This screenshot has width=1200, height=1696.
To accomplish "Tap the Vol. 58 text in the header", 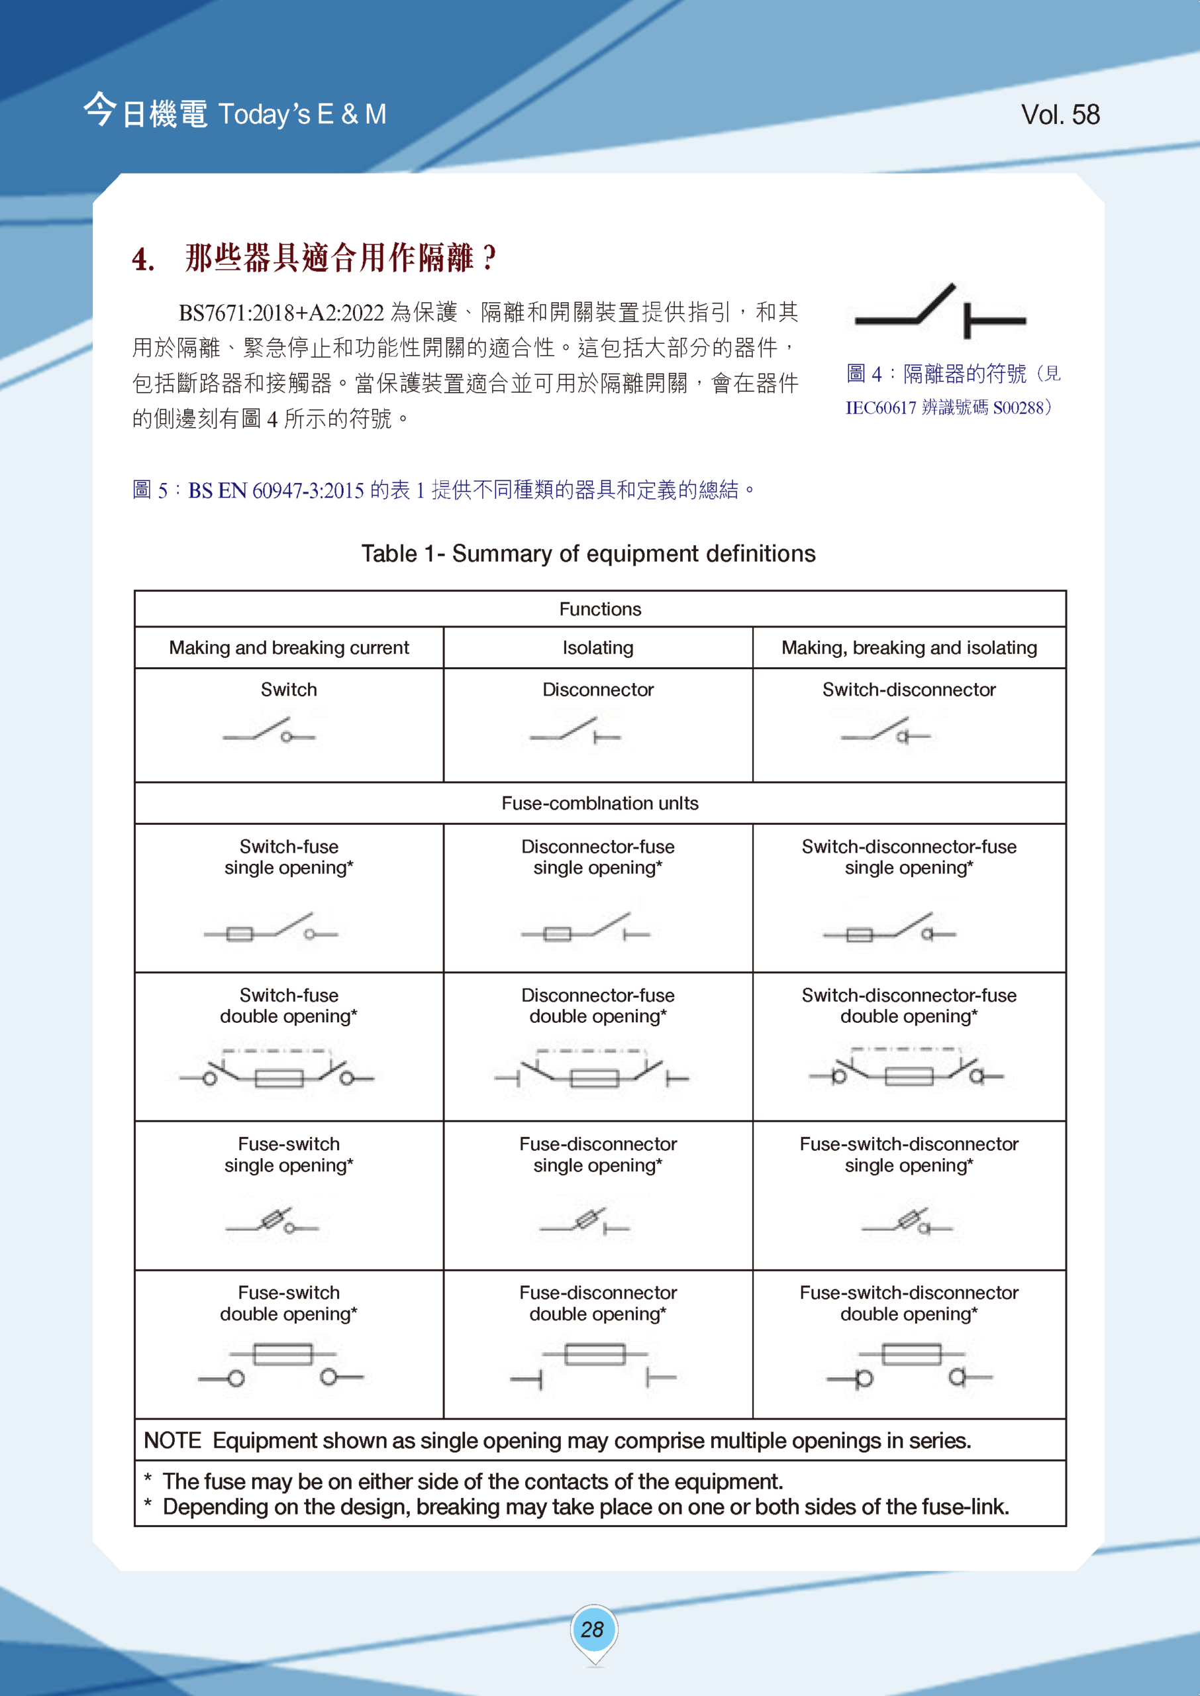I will click(1060, 115).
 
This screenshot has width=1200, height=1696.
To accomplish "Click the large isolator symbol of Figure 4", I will click(940, 312).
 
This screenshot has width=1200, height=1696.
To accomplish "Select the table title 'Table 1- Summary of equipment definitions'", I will click(588, 553).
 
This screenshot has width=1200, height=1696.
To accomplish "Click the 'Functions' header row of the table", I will click(600, 609).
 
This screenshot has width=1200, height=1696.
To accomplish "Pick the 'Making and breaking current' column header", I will click(289, 648).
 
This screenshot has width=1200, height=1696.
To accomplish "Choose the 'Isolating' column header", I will click(598, 648).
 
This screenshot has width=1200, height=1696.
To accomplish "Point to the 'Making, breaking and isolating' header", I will click(909, 648).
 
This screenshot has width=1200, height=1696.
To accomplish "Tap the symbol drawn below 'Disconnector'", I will click(575, 731).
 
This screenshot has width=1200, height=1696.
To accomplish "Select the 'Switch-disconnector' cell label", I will click(909, 690).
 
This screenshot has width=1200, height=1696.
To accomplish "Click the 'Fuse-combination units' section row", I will click(600, 804).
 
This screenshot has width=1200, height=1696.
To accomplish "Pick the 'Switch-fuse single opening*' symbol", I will click(271, 929).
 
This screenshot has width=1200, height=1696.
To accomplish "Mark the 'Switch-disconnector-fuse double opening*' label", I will click(909, 1006).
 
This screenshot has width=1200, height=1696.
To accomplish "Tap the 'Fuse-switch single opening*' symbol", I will click(273, 1222).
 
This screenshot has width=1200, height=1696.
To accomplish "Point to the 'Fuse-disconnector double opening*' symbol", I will click(593, 1367).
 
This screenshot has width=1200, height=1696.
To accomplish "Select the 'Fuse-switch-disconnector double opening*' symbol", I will click(910, 1367).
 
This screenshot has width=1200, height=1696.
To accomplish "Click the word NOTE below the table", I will click(172, 1440).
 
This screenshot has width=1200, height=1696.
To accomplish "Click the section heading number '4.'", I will click(143, 260).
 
